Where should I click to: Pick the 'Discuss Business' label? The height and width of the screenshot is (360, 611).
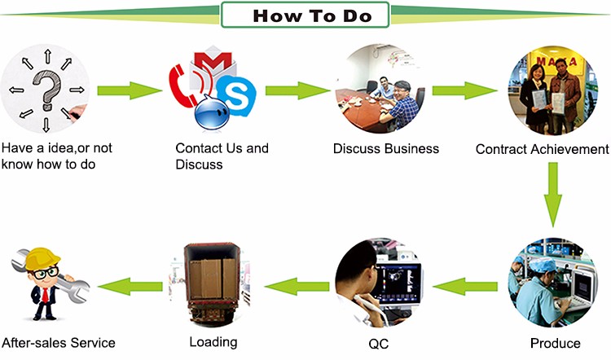(x=386, y=148)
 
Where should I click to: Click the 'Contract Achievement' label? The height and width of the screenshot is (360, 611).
(x=542, y=149)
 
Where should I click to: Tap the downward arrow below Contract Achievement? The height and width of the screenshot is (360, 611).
(x=554, y=196)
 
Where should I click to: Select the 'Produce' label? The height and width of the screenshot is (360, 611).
(x=555, y=343)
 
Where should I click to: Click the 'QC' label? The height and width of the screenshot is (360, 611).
(x=379, y=343)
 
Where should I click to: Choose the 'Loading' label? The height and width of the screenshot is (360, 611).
(x=213, y=341)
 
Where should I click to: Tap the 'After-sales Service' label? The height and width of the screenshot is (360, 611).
(x=58, y=342)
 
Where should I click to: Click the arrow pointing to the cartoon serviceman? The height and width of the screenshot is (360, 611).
(x=125, y=284)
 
